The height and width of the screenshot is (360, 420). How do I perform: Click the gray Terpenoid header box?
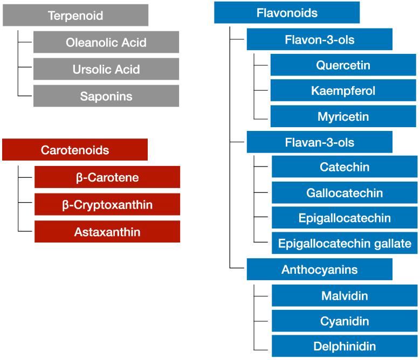coord(75,15)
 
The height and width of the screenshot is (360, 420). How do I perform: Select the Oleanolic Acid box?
coord(106,42)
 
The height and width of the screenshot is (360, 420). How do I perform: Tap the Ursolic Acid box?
coord(106,69)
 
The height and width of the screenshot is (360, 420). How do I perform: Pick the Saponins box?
coord(106,96)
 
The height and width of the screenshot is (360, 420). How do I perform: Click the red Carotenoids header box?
coord(75,150)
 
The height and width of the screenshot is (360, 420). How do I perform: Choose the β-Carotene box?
coord(107,177)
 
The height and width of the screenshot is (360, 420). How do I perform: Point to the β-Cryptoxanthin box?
coord(107,205)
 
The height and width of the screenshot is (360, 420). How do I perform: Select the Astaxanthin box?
coord(107,232)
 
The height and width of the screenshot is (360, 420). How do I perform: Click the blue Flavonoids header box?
coord(287,13)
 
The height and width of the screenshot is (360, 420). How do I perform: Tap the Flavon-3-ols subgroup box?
coord(320,39)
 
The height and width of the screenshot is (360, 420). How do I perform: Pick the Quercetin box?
coord(343,65)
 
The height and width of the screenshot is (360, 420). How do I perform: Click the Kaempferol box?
coord(343,91)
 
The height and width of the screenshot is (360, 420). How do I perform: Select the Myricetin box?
coord(343,116)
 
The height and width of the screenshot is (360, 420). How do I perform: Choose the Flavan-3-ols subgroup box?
coord(320,142)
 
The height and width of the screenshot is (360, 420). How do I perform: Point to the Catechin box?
coord(345,167)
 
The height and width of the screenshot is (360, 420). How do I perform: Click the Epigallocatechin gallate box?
coord(345,243)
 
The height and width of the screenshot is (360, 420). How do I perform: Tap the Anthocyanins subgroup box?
coord(320,269)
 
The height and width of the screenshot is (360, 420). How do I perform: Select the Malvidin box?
coord(345,296)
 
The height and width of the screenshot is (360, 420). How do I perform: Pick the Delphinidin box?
coord(345,346)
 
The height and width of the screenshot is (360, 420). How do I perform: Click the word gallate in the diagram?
coord(394,244)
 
